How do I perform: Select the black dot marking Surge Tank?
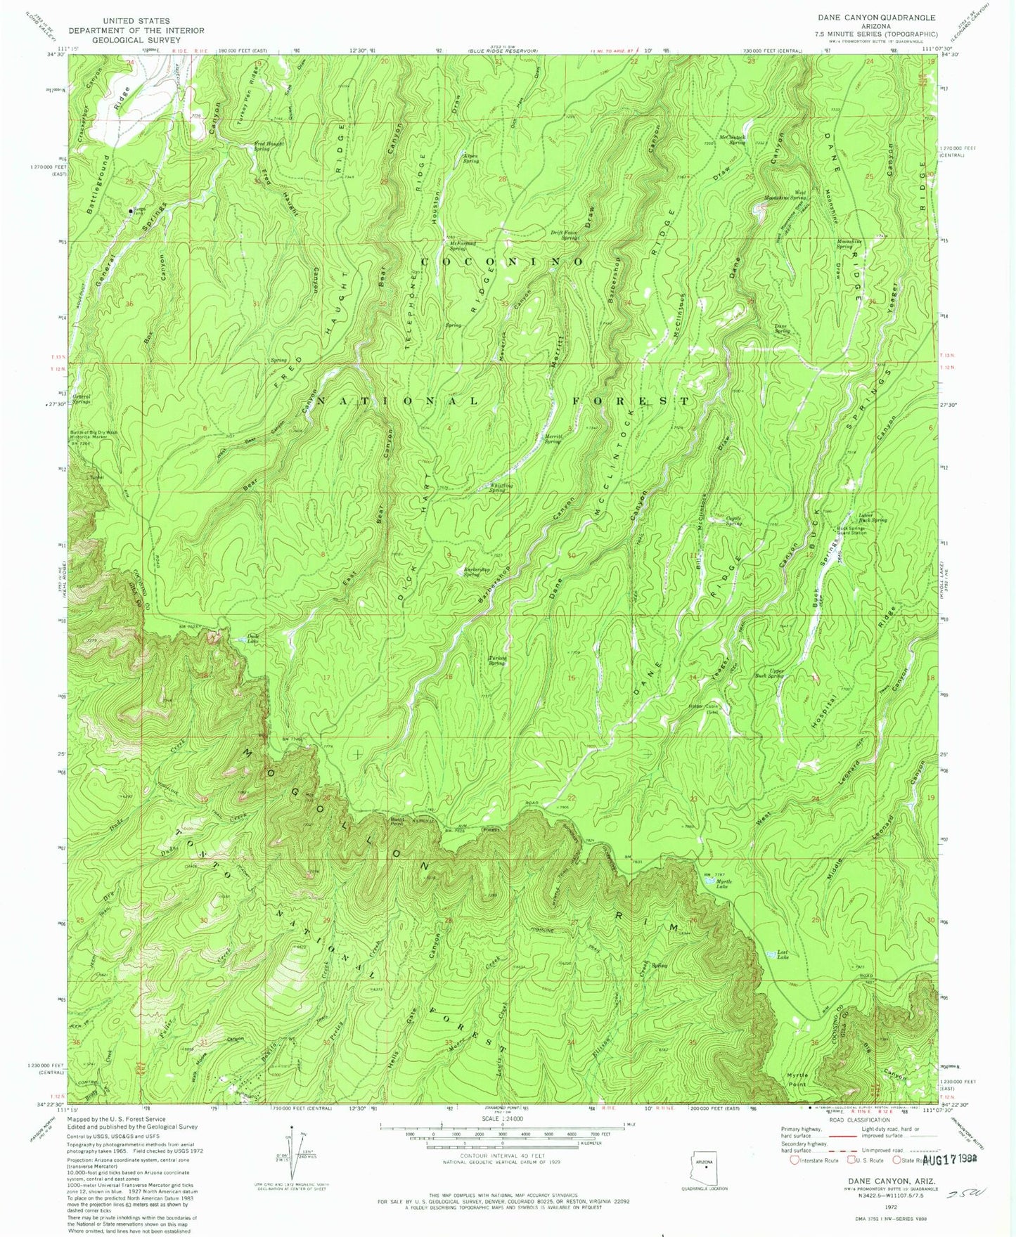click(130, 210)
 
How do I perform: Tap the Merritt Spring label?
click(555, 439)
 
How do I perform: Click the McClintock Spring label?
click(731, 140)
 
